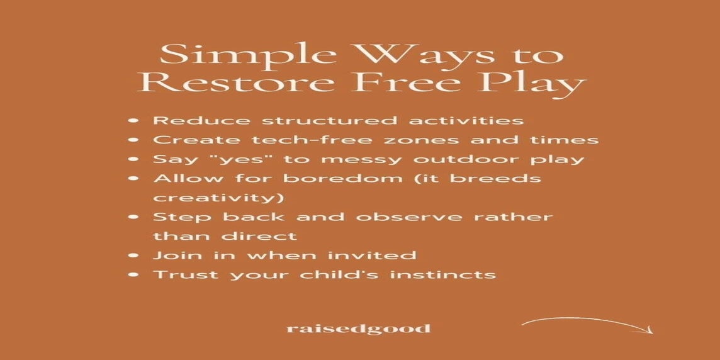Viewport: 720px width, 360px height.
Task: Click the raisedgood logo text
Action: click(x=358, y=329)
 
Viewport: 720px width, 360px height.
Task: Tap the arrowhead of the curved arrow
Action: click(x=648, y=329)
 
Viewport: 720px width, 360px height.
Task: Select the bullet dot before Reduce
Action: click(x=133, y=121)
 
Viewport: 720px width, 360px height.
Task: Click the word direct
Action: click(x=259, y=237)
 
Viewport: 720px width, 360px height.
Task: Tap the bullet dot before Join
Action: click(x=133, y=256)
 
